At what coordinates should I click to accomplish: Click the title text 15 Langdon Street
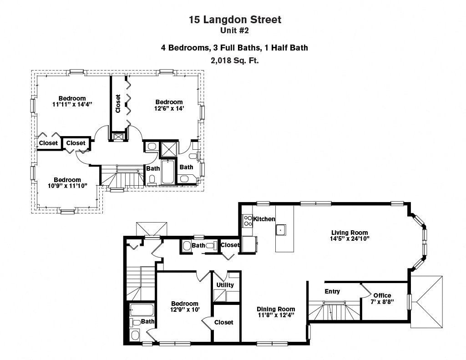pos(235,20)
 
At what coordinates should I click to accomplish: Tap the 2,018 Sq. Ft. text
pos(235,60)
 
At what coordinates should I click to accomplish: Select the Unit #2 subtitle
pos(235,31)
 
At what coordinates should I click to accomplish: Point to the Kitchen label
pos(264,219)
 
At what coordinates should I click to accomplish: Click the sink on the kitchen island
pos(282,230)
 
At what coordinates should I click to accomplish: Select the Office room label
pos(382,295)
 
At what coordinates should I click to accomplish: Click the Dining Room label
pos(276,309)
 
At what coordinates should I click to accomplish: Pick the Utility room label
pos(225,285)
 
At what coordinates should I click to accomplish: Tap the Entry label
pos(332,291)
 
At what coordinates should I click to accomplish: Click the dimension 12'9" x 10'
pos(185,310)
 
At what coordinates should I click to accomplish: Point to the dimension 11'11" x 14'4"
pos(72,104)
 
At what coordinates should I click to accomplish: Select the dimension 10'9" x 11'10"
pos(67,186)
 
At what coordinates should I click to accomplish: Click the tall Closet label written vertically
pos(118,104)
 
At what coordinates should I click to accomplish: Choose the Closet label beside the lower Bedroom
pos(223,322)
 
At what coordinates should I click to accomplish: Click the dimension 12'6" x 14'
pos(169,108)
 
